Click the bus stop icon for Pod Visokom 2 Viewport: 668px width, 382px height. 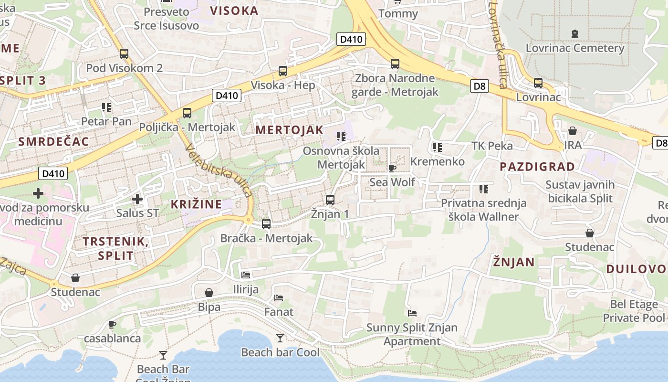[x=124, y=53]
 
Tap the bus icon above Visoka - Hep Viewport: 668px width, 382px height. [x=283, y=71]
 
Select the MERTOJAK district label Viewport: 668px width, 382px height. [x=289, y=130]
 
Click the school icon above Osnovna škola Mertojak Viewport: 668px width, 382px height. [x=341, y=137]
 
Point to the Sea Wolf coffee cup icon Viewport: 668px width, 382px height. [x=392, y=168]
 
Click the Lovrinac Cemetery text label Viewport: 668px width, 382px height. [x=574, y=48]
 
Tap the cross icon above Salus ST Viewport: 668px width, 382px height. [x=137, y=199]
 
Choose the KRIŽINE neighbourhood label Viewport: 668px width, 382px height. [x=196, y=204]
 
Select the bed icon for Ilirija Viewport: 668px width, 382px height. [x=246, y=275]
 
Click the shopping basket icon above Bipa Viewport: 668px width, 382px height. [x=209, y=293]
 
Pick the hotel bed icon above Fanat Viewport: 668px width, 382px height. [x=279, y=298]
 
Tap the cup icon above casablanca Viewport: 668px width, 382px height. [x=112, y=325]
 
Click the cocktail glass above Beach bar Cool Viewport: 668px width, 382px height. [x=280, y=338]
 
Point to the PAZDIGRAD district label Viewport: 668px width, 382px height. [x=537, y=167]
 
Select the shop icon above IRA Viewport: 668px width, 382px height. [x=573, y=131]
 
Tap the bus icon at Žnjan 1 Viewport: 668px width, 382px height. [x=330, y=200]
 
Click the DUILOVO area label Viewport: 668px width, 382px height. [x=636, y=269]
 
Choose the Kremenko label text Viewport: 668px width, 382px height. [x=437, y=161]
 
